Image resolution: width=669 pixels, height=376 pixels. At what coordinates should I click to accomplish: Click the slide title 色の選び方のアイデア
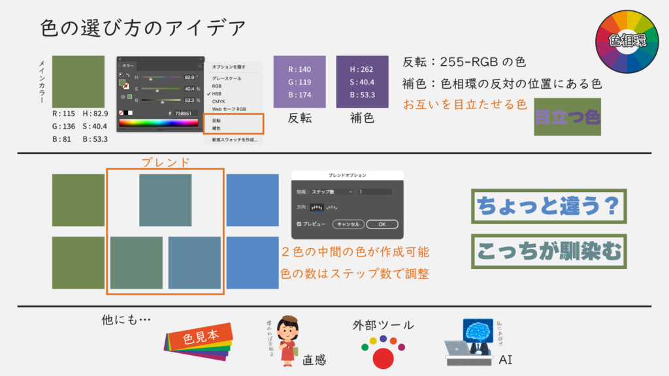pyautogui.click(x=143, y=28)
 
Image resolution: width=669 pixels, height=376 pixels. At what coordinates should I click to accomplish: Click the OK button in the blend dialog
pyautogui.click(x=382, y=224)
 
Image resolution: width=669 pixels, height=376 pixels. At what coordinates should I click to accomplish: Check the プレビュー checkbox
pyautogui.click(x=299, y=224)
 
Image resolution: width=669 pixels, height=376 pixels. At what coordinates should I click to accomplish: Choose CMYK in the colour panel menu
pyautogui.click(x=218, y=101)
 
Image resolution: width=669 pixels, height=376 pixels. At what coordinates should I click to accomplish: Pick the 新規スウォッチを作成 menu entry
pyautogui.click(x=234, y=140)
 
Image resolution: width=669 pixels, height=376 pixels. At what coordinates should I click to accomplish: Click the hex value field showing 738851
pyautogui.click(x=184, y=113)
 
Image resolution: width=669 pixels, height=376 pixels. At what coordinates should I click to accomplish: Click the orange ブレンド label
pyautogui.click(x=165, y=161)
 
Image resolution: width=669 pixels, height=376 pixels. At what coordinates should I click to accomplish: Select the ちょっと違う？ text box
pyautogui.click(x=548, y=206)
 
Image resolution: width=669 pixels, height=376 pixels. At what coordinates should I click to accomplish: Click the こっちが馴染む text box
pyautogui.click(x=548, y=251)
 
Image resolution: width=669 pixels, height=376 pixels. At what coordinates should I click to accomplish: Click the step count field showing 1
pyautogui.click(x=374, y=191)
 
